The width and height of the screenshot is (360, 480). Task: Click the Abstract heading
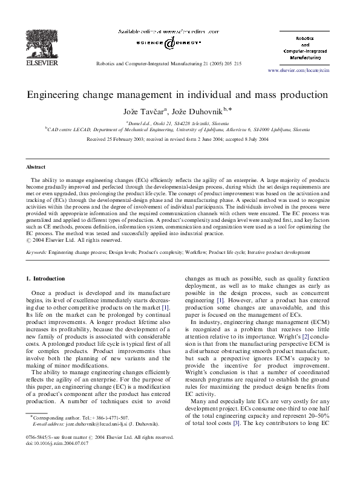(36, 166)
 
